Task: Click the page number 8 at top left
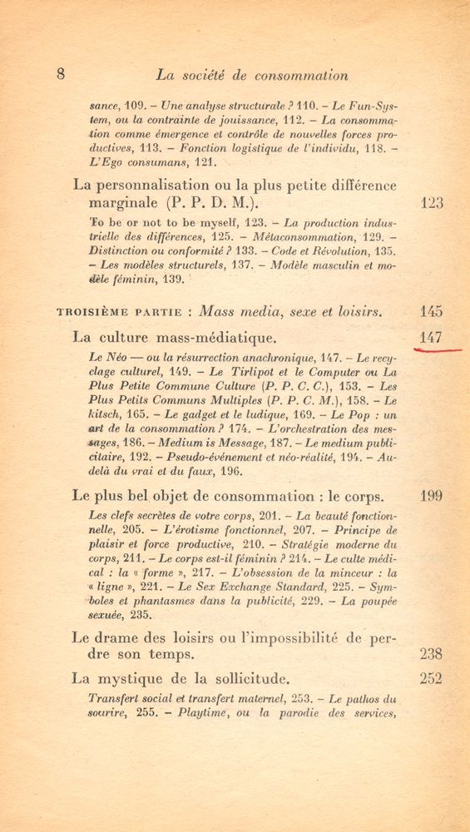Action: pos(61,73)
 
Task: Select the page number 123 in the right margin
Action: pos(432,202)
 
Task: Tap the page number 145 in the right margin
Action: pos(432,312)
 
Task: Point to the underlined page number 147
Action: pos(432,338)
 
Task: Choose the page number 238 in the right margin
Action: pos(432,653)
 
